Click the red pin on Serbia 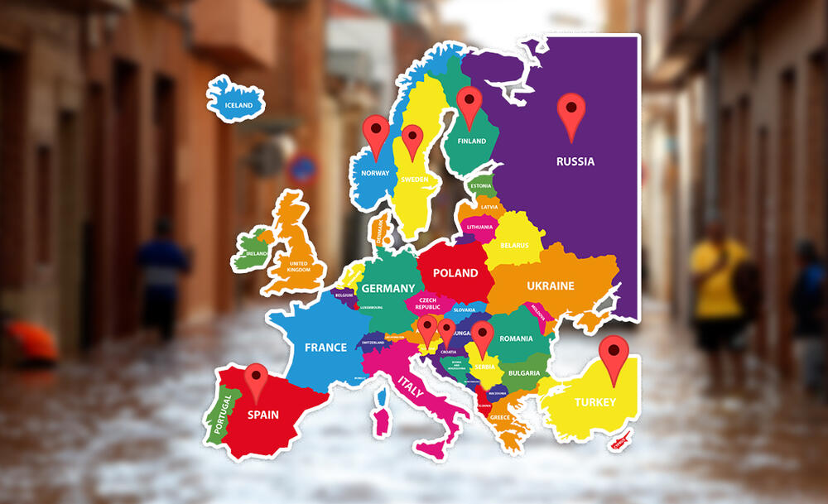[483, 338]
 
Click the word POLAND [455, 272]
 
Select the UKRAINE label [551, 286]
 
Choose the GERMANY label [388, 288]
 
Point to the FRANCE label [325, 347]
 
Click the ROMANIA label [517, 338]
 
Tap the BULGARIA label [524, 372]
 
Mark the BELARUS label [514, 246]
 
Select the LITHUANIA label [479, 227]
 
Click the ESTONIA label [481, 186]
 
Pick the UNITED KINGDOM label [297, 267]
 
